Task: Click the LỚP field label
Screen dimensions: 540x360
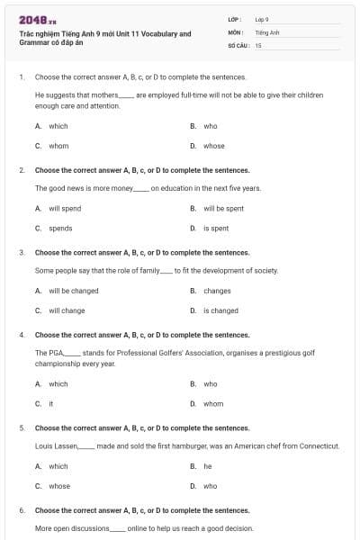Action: click(x=236, y=19)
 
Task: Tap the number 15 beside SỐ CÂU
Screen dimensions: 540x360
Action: click(x=258, y=44)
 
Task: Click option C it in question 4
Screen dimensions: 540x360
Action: click(x=51, y=403)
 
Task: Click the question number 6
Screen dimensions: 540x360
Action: click(x=22, y=510)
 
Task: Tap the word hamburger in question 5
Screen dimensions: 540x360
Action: click(x=187, y=445)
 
